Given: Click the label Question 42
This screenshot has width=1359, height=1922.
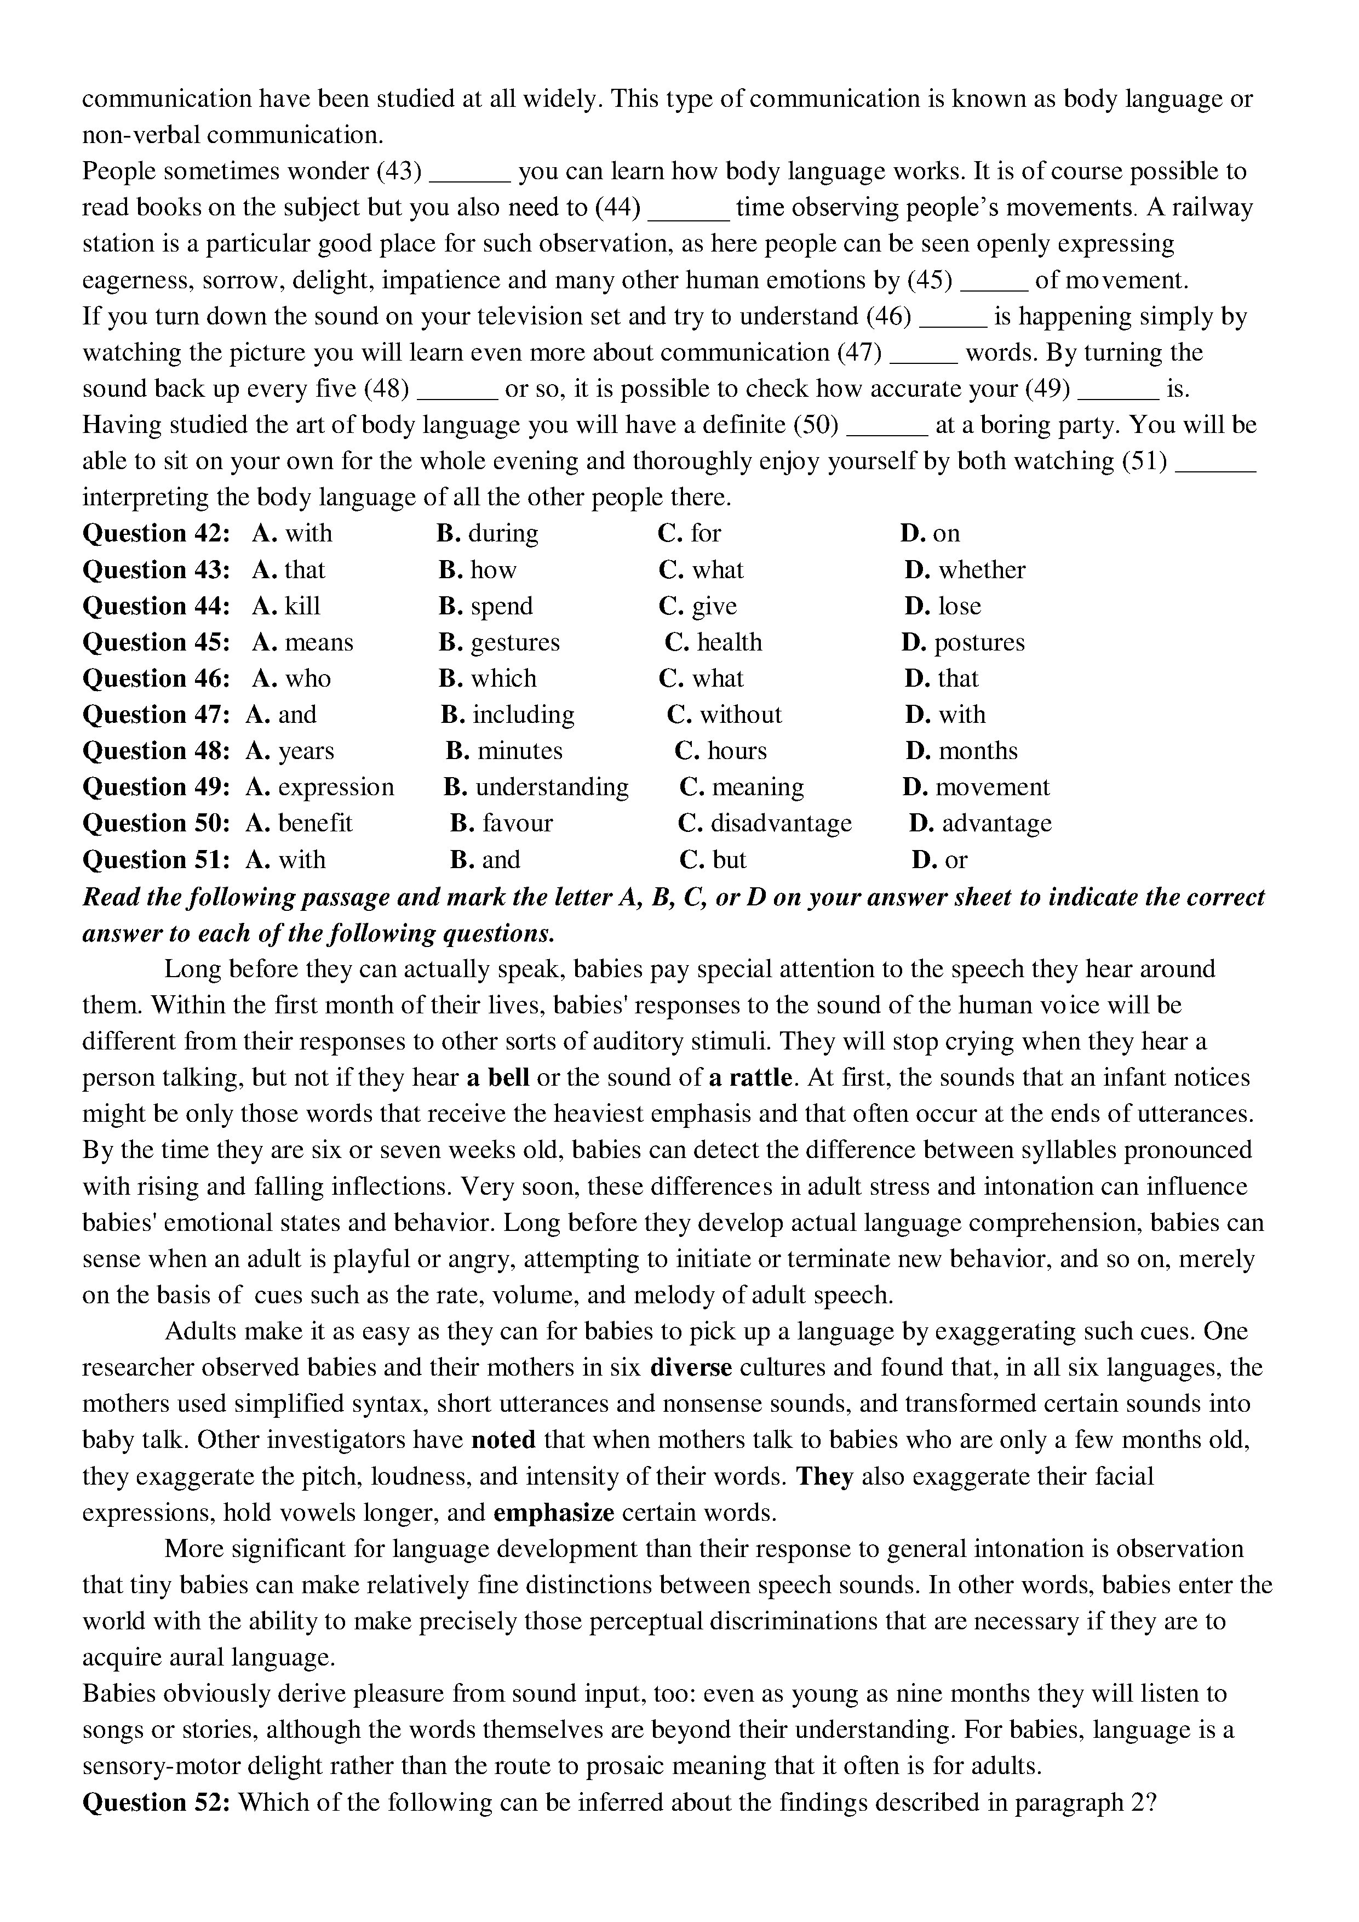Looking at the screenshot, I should pyautogui.click(x=156, y=533).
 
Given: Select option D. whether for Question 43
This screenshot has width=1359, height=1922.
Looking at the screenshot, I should pyautogui.click(x=964, y=570).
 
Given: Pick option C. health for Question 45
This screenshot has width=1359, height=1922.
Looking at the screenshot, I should pyautogui.click(x=713, y=642).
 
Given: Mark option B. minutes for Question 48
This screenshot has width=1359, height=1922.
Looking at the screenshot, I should pyautogui.click(x=504, y=751).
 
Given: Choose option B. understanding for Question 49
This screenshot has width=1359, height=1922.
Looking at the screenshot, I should pyautogui.click(x=536, y=787).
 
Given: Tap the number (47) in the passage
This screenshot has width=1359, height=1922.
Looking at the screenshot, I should pyautogui.click(x=860, y=352).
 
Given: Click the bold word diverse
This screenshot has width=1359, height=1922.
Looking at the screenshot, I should pyautogui.click(x=691, y=1368).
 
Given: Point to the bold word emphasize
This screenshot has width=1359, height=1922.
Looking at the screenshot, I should pyautogui.click(x=554, y=1513).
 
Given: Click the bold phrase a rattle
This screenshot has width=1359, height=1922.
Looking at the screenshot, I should pyautogui.click(x=750, y=1077).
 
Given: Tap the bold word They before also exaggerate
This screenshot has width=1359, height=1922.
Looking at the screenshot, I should pyautogui.click(x=824, y=1476).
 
